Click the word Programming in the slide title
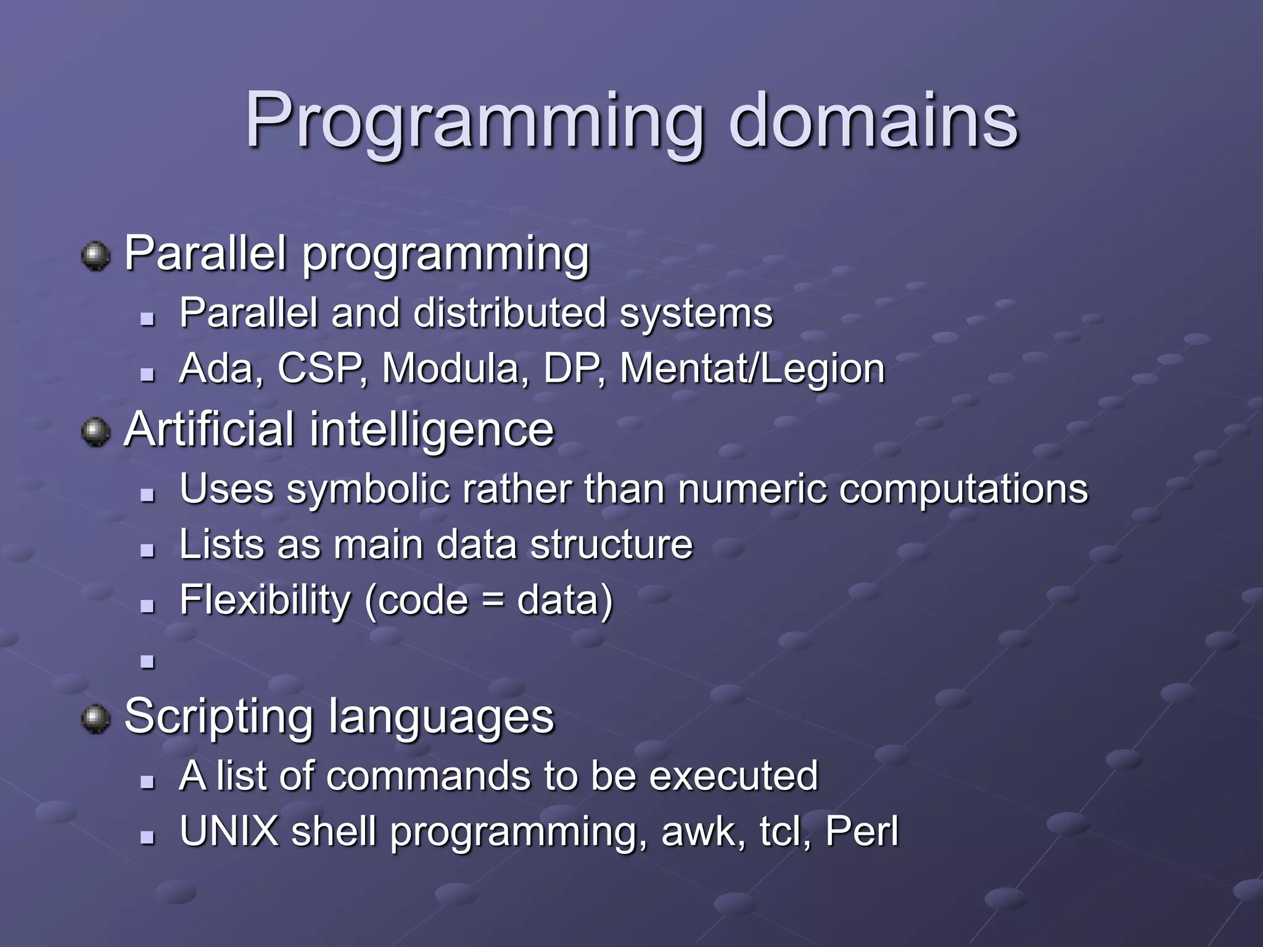[x=474, y=121]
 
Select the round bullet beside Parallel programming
[x=96, y=256]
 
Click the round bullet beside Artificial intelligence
[x=96, y=432]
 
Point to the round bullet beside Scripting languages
[x=96, y=719]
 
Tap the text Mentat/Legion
[x=752, y=369]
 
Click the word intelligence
[x=431, y=430]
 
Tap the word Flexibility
[x=265, y=600]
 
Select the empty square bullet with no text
[x=147, y=662]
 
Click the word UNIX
[x=229, y=831]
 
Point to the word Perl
[x=862, y=831]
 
